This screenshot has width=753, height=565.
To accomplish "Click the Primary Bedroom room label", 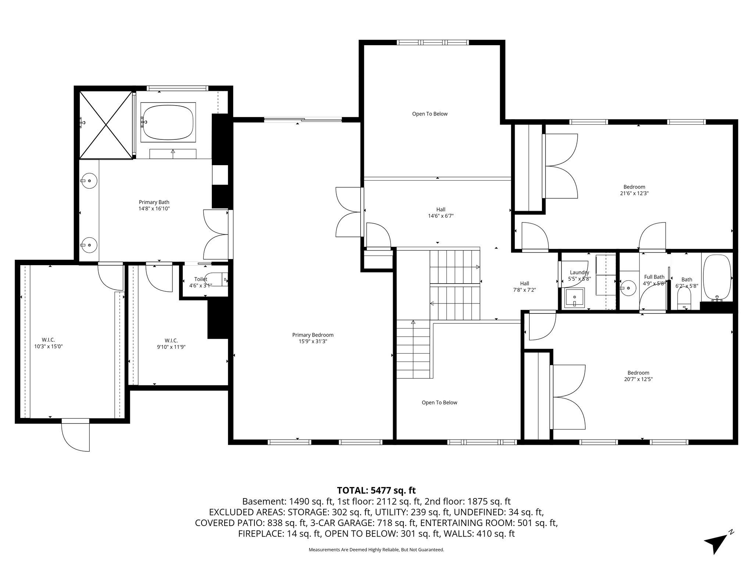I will [x=313, y=338].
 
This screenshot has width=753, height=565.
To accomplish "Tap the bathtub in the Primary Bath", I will [x=168, y=122].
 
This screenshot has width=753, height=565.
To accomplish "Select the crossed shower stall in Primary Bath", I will [x=106, y=125].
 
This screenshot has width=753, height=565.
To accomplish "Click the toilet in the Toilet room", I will [x=217, y=280].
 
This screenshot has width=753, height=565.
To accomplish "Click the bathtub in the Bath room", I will [x=717, y=277].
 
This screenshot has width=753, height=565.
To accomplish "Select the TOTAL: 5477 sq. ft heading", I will [x=376, y=490].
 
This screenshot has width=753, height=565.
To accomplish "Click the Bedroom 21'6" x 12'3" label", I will [x=634, y=190].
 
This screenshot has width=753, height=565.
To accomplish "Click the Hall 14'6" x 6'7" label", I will [x=440, y=213].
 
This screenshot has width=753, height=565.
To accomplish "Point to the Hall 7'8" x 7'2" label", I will [x=524, y=286].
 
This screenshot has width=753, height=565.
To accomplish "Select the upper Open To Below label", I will [x=429, y=114].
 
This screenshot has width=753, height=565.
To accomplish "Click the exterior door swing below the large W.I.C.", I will [x=75, y=436].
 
